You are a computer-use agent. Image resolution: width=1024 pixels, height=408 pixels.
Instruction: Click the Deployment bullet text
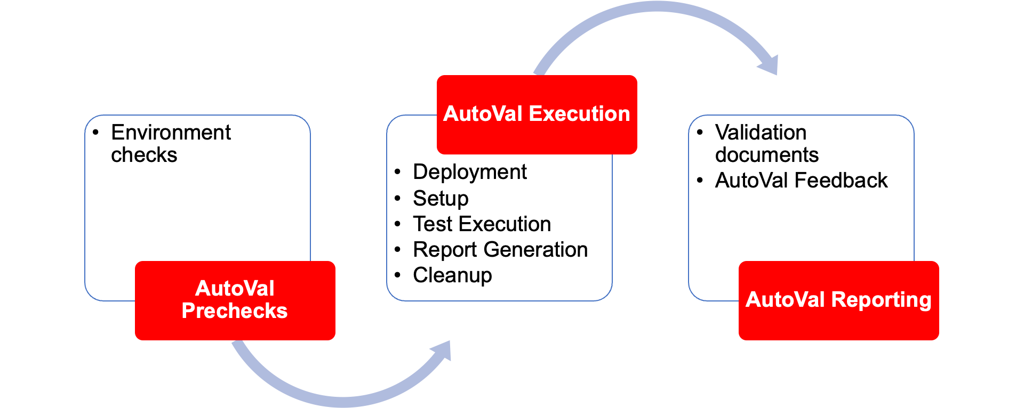pos(469,172)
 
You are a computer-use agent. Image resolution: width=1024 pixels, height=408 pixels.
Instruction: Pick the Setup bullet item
pos(441,198)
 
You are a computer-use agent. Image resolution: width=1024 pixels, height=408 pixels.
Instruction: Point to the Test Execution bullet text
pos(482,224)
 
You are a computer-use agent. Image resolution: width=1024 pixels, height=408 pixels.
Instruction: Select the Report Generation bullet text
pos(500,249)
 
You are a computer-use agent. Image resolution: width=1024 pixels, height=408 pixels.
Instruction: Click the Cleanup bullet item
pos(452,275)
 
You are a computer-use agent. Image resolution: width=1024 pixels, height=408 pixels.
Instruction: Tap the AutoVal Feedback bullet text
pos(801,180)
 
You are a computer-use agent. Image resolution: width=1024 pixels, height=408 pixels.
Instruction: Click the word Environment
pos(171,132)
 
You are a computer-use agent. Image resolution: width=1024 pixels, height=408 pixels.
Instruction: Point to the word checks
pos(144,155)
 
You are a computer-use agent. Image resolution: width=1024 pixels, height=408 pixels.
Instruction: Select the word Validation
pos(761,132)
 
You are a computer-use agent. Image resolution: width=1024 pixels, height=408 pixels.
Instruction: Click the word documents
pos(766,155)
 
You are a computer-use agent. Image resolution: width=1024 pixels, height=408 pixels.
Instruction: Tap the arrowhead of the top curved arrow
pos(769,65)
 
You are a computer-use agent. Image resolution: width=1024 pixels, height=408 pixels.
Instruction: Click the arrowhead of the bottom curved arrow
pos(443,352)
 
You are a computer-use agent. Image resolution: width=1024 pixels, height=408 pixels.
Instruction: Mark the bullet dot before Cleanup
pos(397,275)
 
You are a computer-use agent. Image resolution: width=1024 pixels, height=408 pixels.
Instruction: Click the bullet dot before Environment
pos(95,132)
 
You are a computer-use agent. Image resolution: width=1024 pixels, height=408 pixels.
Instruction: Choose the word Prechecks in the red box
pos(235,311)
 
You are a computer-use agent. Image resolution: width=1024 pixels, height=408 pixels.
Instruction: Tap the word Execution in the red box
pos(580,113)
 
